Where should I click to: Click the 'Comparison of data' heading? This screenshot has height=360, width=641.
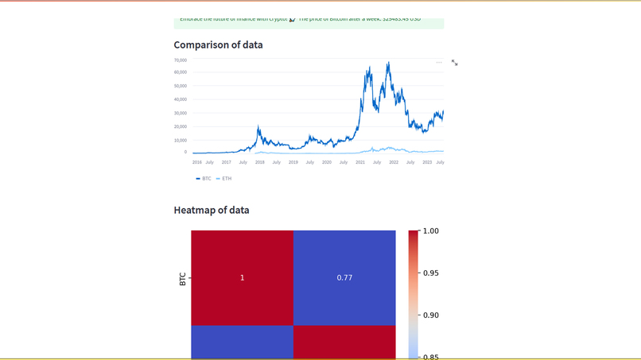218,45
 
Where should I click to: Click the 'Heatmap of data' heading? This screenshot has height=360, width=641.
212,211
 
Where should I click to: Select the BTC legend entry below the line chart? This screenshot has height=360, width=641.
204,179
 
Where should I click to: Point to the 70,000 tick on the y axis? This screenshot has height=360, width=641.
181,60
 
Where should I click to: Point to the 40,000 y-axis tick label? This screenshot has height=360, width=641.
181,99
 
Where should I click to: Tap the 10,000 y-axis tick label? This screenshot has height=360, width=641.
181,140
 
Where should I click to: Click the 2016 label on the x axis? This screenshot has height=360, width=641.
197,162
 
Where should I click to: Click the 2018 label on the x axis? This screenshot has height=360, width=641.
260,162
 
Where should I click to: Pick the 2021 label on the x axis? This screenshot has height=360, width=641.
360,162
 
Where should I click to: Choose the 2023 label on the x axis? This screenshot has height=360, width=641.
427,162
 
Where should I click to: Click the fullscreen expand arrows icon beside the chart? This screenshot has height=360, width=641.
455,63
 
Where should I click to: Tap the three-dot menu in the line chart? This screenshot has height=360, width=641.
439,62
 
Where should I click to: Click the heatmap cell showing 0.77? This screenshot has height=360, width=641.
344,277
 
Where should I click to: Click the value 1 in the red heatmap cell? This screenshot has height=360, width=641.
243,277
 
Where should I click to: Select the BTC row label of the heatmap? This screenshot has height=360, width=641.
182,279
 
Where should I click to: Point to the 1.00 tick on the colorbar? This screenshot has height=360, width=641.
430,231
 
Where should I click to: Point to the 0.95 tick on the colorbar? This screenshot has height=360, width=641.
430,273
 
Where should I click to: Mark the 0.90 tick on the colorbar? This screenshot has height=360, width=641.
430,315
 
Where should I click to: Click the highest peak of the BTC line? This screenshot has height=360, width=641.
389,63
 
